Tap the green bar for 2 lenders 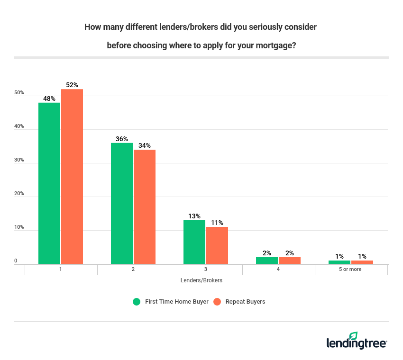coord(122,203)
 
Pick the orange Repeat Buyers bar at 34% coord(145,207)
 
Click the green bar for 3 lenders coord(194,242)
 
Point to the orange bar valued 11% coord(217,245)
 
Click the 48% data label coord(49,99)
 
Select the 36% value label coord(122,139)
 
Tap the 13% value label coord(194,216)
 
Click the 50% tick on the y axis coord(19,93)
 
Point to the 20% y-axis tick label coord(19,194)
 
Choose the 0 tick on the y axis coord(16,261)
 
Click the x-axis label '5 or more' coord(351,269)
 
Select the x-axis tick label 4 coord(278,269)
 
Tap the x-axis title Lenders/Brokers coord(201,280)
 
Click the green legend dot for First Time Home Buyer coord(137,302)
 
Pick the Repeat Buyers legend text coord(245,302)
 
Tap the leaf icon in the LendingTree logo coord(353,336)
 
